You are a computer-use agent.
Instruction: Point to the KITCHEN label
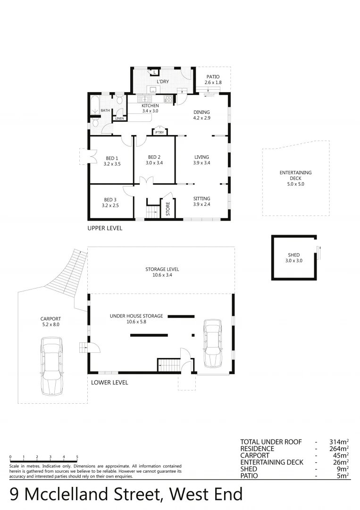(x=150, y=106)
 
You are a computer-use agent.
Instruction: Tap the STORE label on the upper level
(x=167, y=209)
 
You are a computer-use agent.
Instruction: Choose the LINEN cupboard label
(x=119, y=119)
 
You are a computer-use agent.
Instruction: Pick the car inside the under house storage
(x=213, y=343)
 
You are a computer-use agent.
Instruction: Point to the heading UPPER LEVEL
(x=105, y=228)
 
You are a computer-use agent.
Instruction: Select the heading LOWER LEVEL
(x=109, y=382)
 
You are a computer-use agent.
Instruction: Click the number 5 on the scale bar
(x=77, y=457)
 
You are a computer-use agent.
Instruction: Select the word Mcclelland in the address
(x=92, y=494)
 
